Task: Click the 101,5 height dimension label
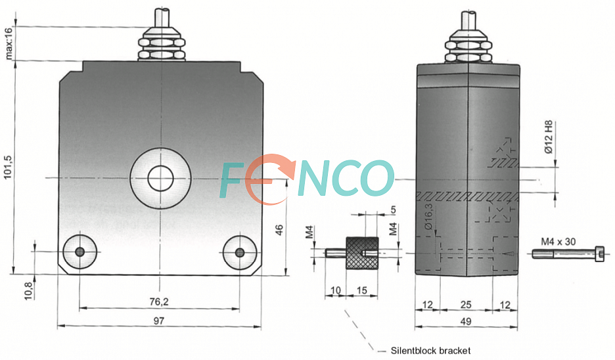[9, 168]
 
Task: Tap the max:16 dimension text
[9, 42]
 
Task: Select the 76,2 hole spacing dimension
[159, 302]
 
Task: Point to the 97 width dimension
[158, 321]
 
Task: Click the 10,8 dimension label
[28, 291]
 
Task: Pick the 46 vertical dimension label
[279, 230]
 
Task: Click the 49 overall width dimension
[466, 321]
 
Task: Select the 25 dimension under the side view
[466, 304]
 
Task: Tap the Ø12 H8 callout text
[549, 137]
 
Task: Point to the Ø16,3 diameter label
[428, 216]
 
